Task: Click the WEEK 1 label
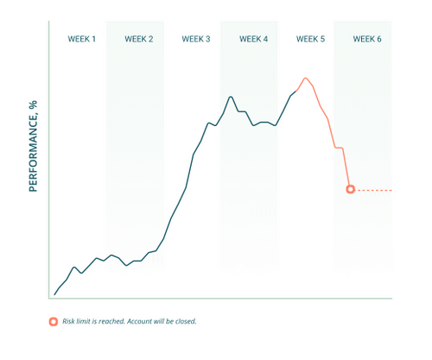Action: pos(81,39)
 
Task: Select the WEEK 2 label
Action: pos(139,39)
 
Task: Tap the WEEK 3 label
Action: pos(196,39)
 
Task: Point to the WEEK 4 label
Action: pos(254,39)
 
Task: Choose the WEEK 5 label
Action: pos(310,39)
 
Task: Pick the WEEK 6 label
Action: pos(367,39)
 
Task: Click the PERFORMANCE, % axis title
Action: pos(34,146)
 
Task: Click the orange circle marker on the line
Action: pos(351,189)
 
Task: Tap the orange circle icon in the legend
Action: pos(54,321)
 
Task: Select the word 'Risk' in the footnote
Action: pos(68,321)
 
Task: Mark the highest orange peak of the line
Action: pos(306,78)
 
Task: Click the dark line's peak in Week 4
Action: pos(231,97)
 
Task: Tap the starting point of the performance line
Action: pos(54,294)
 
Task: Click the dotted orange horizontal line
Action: pos(373,190)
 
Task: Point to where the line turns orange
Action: pos(296,91)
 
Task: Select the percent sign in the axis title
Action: pos(34,104)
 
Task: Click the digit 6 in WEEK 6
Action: pos(379,39)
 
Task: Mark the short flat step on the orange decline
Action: pos(339,148)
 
